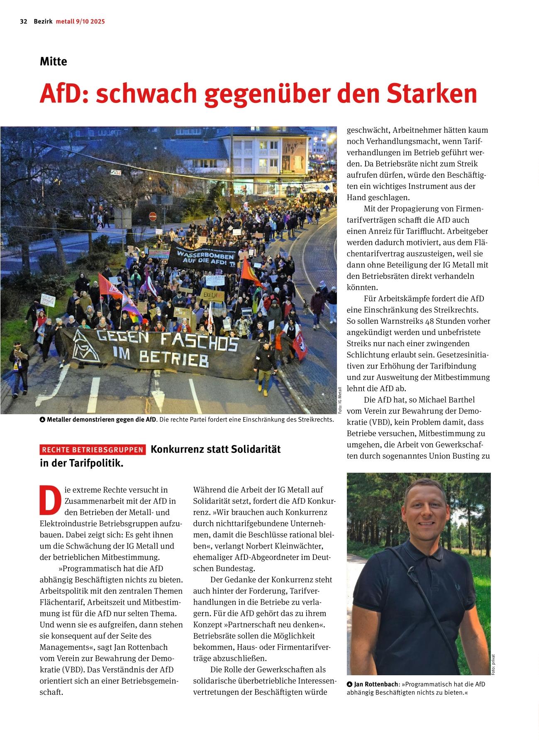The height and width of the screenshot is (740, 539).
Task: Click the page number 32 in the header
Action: (23, 22)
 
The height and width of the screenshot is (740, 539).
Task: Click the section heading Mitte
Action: (53, 61)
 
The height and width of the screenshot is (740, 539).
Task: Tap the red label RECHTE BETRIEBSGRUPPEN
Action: (93, 450)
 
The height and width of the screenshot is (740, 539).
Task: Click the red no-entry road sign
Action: (152, 216)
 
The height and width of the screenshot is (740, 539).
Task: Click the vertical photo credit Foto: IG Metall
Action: (340, 400)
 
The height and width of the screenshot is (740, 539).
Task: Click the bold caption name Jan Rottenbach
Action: (376, 684)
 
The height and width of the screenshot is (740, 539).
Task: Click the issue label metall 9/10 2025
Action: (80, 22)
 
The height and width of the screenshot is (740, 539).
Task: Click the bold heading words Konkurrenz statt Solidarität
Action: (215, 449)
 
